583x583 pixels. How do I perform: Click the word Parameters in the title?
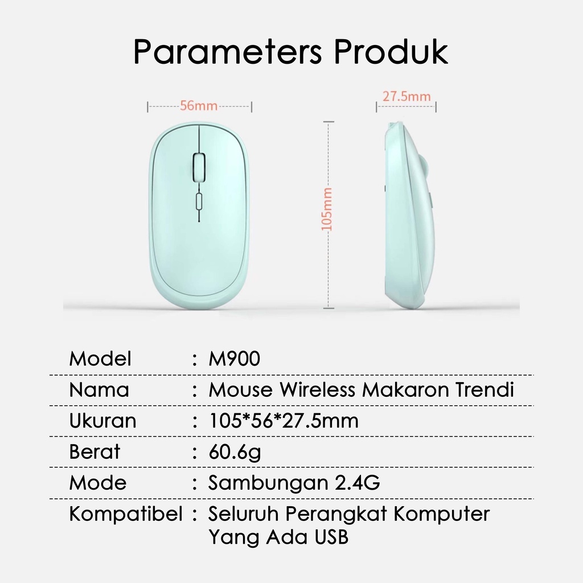pyautogui.click(x=227, y=52)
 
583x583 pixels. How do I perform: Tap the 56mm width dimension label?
pyautogui.click(x=199, y=105)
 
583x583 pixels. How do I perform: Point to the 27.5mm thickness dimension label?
pyautogui.click(x=407, y=96)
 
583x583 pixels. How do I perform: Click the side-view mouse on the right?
pyautogui.click(x=409, y=216)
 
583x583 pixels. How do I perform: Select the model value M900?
pyautogui.click(x=234, y=359)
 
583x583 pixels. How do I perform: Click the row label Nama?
pyautogui.click(x=99, y=390)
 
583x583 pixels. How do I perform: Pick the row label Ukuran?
pyautogui.click(x=102, y=421)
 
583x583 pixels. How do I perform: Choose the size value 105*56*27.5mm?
pyautogui.click(x=284, y=421)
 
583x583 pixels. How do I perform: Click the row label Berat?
pyautogui.click(x=95, y=451)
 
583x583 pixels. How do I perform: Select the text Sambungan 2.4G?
pyautogui.click(x=294, y=483)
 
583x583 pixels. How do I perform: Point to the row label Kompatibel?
pyautogui.click(x=126, y=514)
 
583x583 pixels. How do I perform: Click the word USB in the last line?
pyautogui.click(x=331, y=537)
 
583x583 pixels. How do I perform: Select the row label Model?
pyautogui.click(x=100, y=359)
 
